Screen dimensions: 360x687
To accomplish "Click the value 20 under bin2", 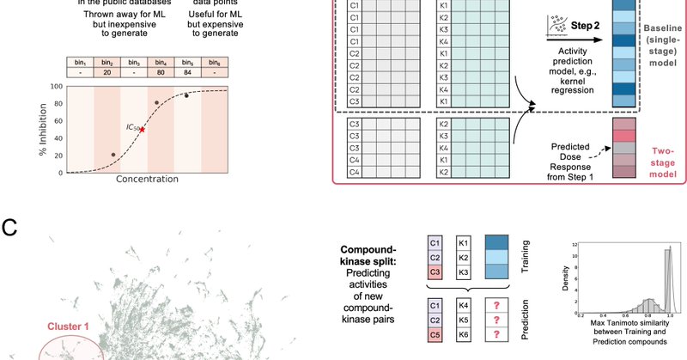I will coord(108,73).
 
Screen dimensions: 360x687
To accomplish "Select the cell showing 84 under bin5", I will coord(185,73).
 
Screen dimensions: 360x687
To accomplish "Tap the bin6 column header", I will coord(211,62).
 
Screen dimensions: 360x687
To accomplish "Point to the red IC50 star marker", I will coord(142,130).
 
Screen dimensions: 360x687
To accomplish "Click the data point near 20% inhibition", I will coord(112,155).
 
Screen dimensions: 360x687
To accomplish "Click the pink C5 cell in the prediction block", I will coord(435,333).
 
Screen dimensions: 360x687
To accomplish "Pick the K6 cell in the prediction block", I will coord(464,333).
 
